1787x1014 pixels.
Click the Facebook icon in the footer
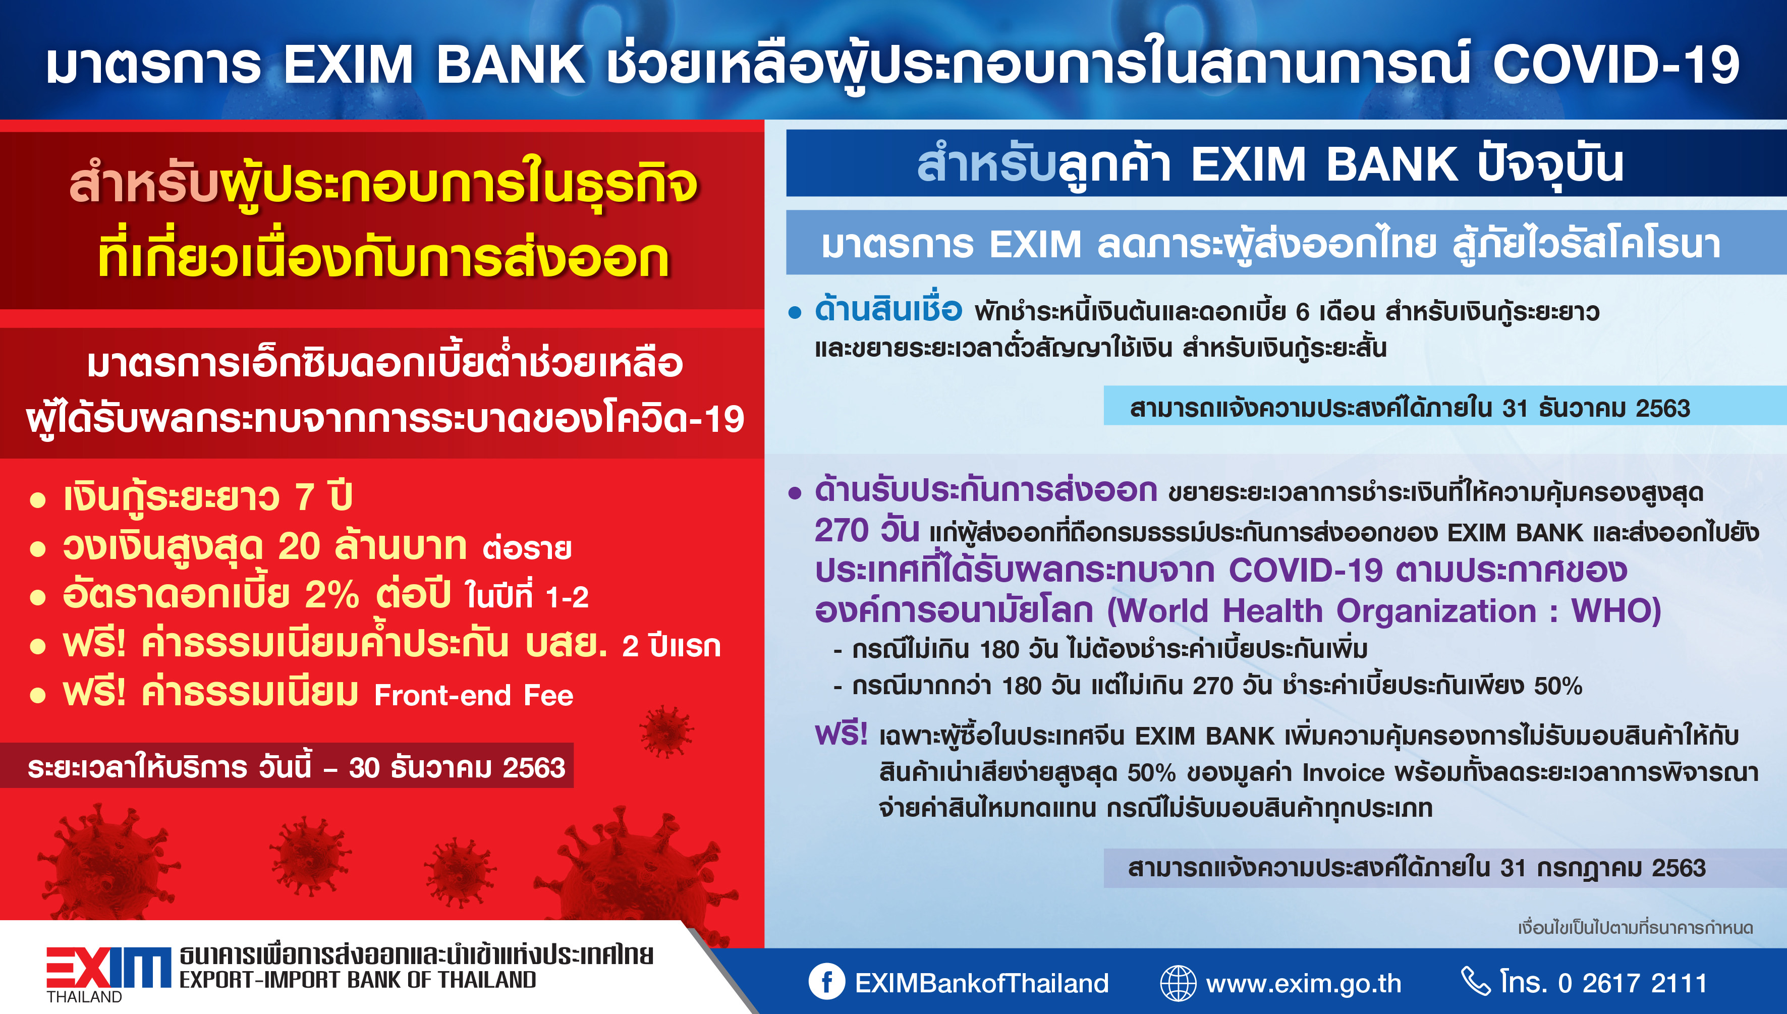pos(826,982)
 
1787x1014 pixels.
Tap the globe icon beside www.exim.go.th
pos(1178,983)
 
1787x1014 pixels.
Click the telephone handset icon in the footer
pos(1475,981)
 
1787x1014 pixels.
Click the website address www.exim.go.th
pos(1304,983)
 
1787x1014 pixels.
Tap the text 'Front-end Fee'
pos(474,695)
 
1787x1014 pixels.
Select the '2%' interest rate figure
pos(332,595)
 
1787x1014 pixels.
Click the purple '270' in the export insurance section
pos(841,530)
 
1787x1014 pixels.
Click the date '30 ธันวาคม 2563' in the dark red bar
pos(457,767)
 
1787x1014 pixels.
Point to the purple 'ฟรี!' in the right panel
pos(841,734)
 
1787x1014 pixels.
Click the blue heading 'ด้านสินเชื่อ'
pos(888,309)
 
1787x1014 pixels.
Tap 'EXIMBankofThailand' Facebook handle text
pos(982,983)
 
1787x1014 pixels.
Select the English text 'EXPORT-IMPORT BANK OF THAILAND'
pos(358,980)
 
